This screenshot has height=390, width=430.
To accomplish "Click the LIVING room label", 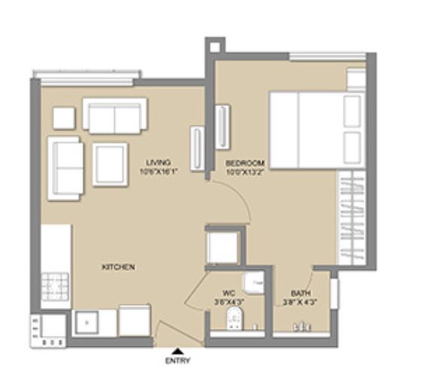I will (x=159, y=162).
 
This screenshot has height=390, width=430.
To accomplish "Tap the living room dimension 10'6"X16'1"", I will (x=159, y=171).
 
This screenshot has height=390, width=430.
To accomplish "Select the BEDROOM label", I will (x=246, y=163).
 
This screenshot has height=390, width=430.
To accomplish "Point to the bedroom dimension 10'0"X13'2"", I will (x=246, y=171).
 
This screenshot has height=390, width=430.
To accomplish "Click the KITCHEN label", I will (x=119, y=267).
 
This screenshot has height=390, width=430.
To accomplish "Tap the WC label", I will (x=230, y=294).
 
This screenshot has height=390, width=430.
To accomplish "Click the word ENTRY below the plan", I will (x=178, y=361).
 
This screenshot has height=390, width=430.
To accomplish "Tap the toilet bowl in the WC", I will (x=235, y=318).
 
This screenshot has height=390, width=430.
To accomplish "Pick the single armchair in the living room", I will (x=111, y=163).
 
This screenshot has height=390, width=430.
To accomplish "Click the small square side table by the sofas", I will (x=64, y=117).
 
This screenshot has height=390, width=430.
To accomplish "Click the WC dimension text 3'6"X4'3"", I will (x=230, y=303).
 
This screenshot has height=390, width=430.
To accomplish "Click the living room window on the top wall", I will (x=86, y=74).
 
